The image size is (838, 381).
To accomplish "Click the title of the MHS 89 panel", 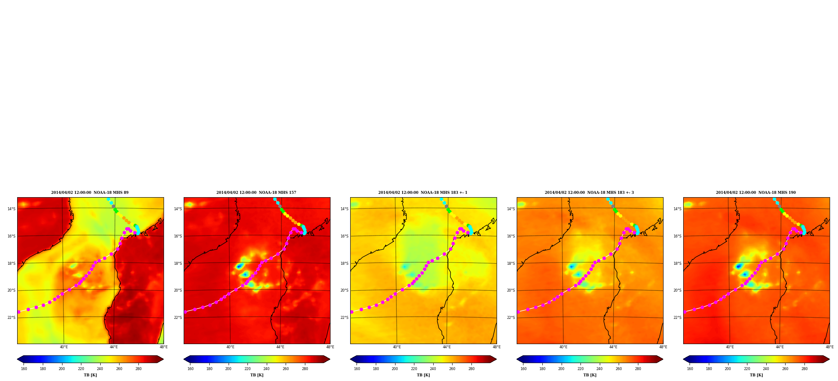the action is pos(90,193).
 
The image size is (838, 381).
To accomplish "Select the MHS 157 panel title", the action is pos(256,193).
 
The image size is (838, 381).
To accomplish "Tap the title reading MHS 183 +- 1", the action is pos(423,193).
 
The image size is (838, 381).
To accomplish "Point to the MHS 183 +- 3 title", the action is pos(589,193).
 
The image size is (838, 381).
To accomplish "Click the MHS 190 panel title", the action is pos(756,193).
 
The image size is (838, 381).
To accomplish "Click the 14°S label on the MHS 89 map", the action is pos(11,209).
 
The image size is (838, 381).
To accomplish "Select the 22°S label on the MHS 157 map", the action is pos(178,318).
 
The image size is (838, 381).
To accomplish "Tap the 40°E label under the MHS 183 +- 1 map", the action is pos(397,347).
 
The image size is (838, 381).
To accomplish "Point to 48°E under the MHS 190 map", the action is pos(830,347).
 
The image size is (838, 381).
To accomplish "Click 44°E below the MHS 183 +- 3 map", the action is pos(613,347).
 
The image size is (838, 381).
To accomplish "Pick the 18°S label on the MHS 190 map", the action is pos(677,264).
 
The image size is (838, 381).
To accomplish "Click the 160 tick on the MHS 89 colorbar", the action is pos(24,369).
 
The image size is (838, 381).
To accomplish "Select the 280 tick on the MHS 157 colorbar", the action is pos(305,369).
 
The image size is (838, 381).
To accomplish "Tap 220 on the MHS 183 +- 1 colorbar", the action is pos(414,369).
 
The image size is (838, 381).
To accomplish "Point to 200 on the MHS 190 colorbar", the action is pos(728,369).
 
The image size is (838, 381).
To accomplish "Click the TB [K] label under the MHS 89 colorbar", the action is pos(90,375).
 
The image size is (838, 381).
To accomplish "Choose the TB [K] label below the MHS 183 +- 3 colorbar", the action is pos(590,375).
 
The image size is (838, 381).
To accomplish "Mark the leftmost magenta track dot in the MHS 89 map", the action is pos(19,312).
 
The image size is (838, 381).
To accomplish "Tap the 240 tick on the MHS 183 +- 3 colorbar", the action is pos(599,369).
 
